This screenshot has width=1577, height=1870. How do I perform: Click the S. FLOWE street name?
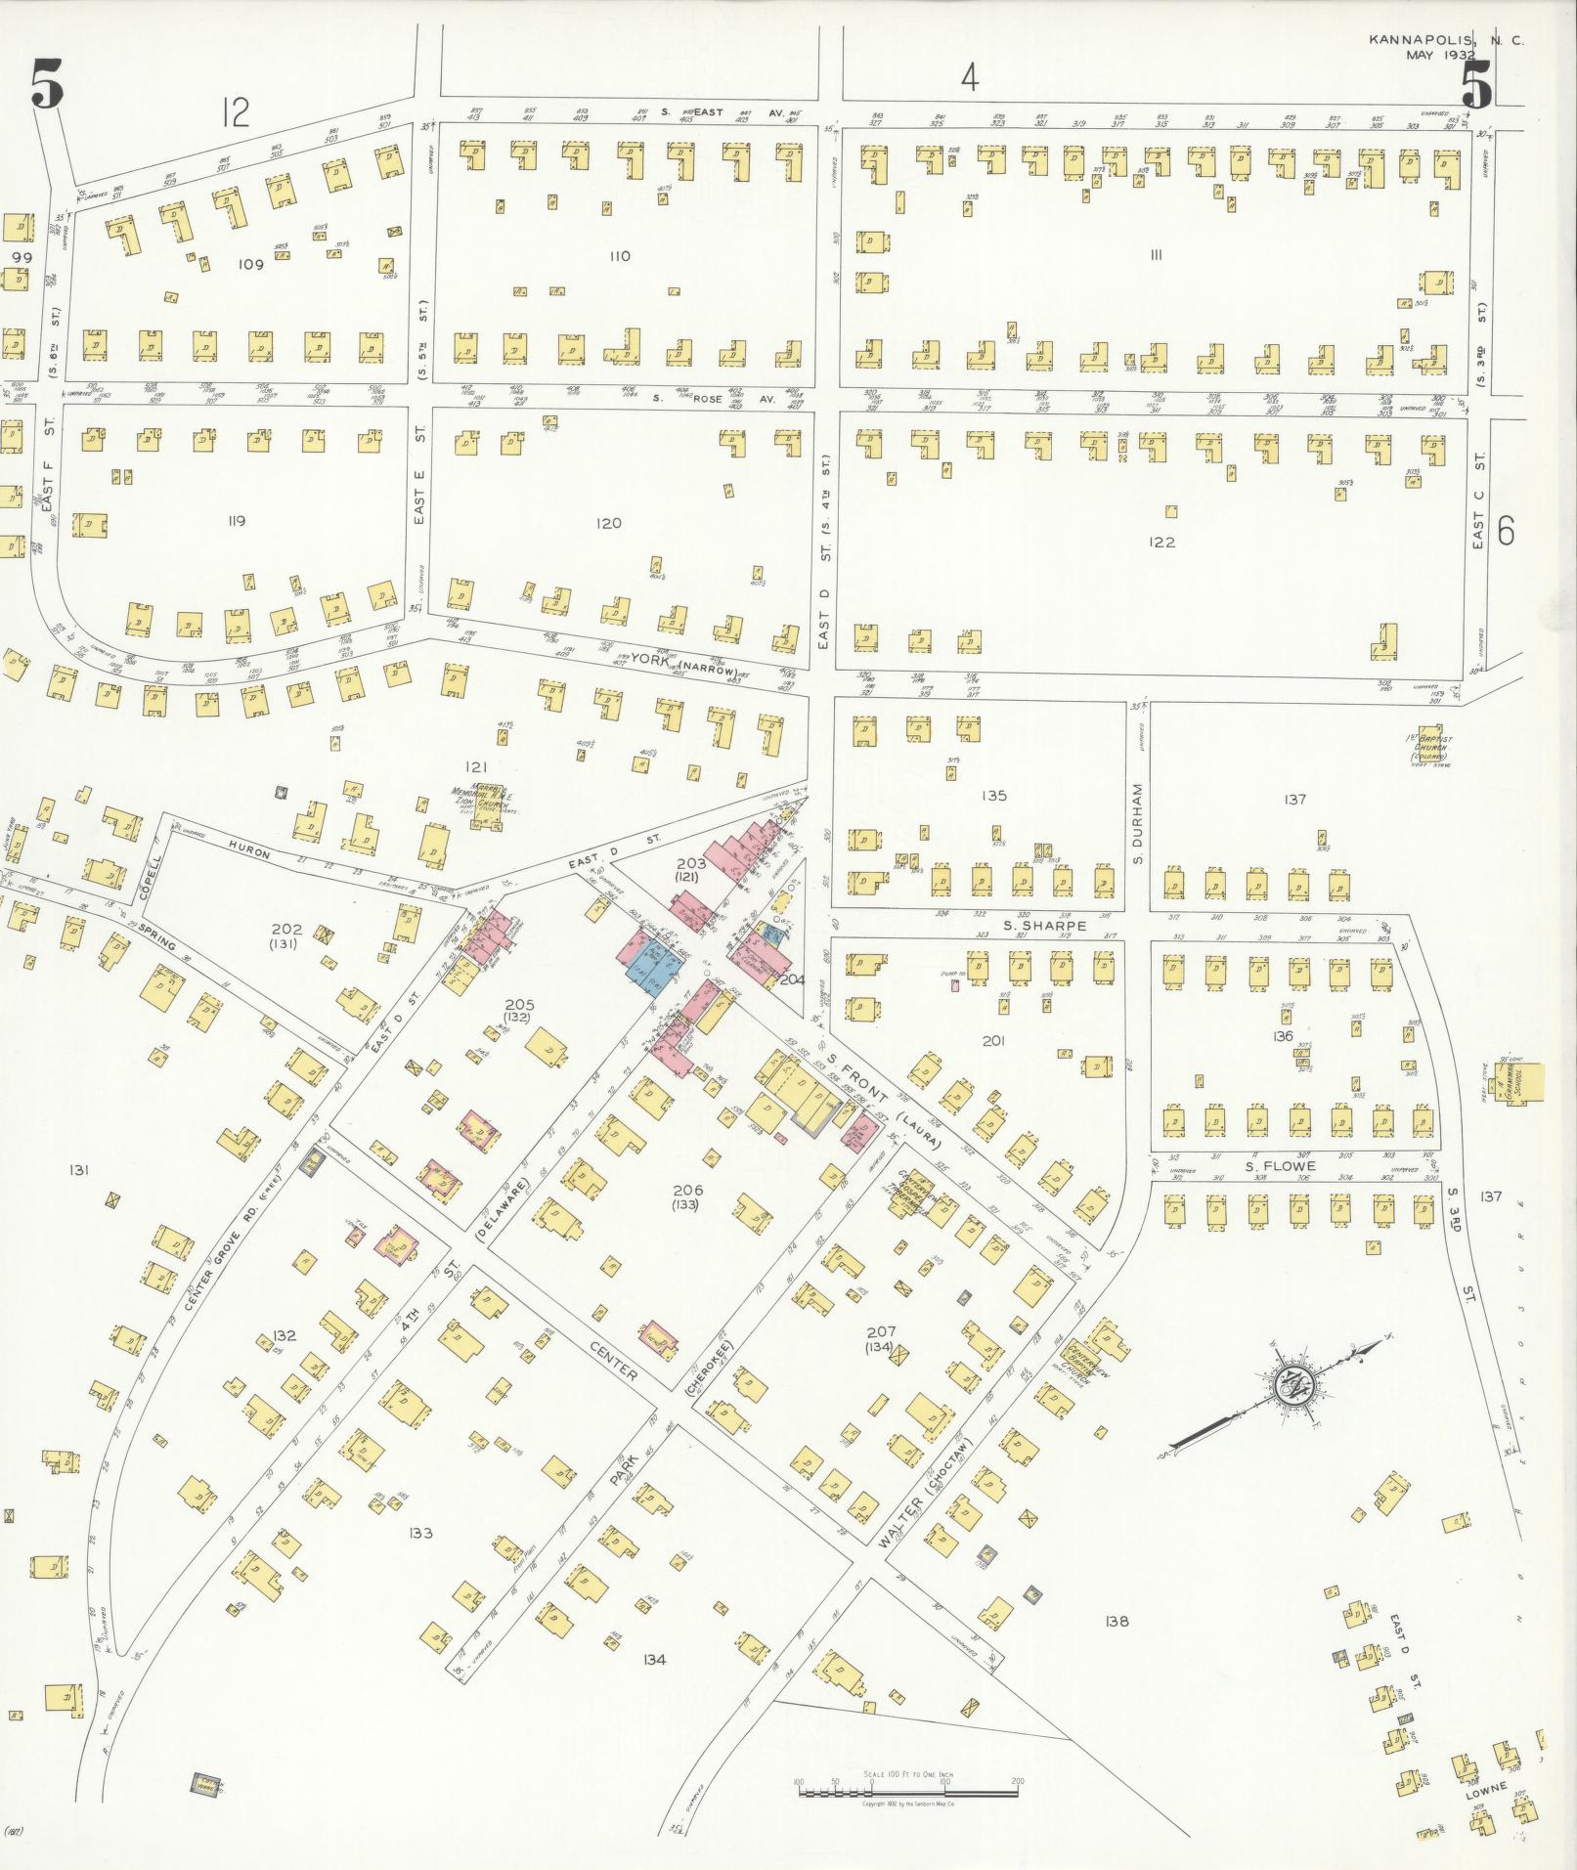[1280, 1166]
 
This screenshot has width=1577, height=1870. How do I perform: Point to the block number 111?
[1156, 256]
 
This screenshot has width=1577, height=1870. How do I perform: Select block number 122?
[1161, 543]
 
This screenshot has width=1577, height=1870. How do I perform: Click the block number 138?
[1117, 1621]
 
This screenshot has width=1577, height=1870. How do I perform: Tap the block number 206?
[688, 1190]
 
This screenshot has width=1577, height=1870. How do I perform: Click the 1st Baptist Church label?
[1429, 748]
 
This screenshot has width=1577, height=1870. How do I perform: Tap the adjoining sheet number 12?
[235, 113]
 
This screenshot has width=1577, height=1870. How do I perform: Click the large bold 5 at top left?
[47, 86]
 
